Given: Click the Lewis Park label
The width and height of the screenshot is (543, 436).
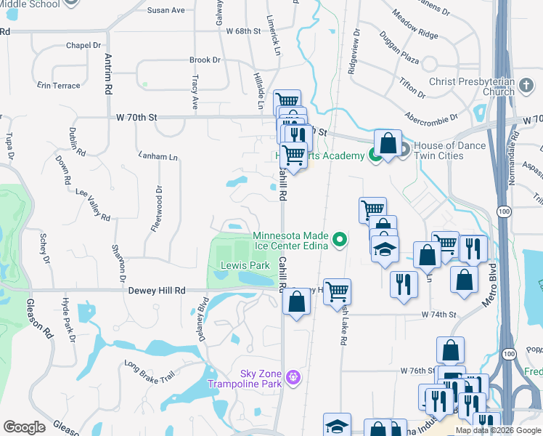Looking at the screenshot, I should coord(245,266).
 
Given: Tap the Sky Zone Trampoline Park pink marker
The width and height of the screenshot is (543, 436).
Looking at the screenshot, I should coord(293,377).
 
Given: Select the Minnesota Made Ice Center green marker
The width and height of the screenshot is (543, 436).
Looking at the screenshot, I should coord(338,239).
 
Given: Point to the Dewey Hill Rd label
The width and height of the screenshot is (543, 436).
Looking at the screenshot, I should coord(157,291).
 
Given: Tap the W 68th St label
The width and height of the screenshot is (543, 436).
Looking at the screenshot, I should coord(242,31).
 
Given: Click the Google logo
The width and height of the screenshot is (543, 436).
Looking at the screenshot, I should coord(24,427).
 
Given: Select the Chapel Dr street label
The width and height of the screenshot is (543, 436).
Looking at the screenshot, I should coord(82,45).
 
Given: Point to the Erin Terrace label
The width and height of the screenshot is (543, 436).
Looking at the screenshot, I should coord(58,86).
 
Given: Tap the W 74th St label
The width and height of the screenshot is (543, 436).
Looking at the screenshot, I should coord(438,315).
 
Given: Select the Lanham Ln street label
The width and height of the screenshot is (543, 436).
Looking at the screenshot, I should coord(158,156).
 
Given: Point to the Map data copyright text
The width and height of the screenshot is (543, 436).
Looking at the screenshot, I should coord(497,430).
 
